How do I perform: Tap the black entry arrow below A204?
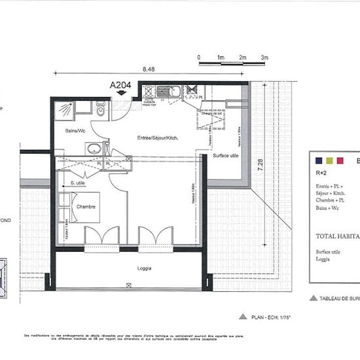point(120,94)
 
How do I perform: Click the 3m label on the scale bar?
point(264,58)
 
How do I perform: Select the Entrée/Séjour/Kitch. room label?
point(158,137)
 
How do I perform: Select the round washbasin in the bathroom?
point(94,148)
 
